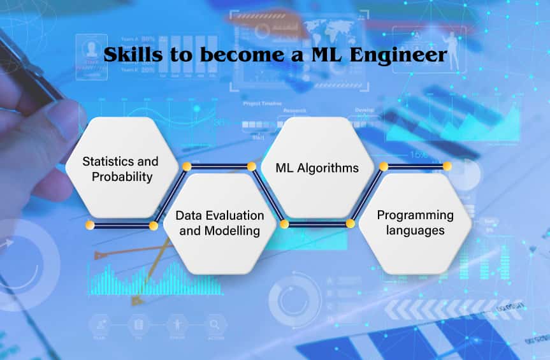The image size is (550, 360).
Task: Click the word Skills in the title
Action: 129,55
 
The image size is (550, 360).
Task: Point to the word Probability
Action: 122,176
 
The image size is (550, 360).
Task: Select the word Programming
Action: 415,215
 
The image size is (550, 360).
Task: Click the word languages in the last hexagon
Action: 415,231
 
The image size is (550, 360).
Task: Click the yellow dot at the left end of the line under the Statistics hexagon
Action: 90,226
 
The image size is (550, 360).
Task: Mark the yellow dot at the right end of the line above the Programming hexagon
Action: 447,166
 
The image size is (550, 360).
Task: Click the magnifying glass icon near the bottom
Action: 214,324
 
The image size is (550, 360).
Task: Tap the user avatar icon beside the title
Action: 84,47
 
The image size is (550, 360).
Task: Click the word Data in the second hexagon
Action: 189,215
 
